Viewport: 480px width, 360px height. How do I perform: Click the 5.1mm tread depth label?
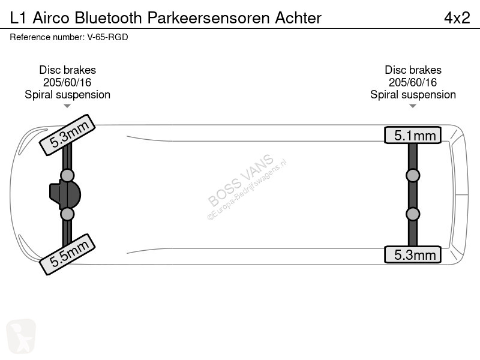[x=413, y=135]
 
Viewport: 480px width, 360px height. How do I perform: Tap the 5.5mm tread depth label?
[x=68, y=254]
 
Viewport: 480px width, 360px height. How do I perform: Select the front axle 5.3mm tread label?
[x=68, y=135]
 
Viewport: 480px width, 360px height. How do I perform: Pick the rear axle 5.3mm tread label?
[x=413, y=254]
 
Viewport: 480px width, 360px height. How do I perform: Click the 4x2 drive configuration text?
[x=457, y=18]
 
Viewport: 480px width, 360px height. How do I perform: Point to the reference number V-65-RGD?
[x=108, y=37]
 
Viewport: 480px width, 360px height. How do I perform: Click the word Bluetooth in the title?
[x=108, y=18]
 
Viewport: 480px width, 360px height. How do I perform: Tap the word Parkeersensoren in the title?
[x=208, y=18]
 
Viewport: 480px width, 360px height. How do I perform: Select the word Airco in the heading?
[x=51, y=18]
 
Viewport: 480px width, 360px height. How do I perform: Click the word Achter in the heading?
[x=298, y=18]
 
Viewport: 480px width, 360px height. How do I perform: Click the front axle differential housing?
[x=65, y=194]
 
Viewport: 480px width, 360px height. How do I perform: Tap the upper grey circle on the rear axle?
[x=413, y=176]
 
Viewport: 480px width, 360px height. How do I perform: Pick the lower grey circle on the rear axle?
[x=413, y=214]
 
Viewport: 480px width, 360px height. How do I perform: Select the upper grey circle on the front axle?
[x=67, y=176]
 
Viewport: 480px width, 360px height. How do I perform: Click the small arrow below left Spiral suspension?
[x=67, y=106]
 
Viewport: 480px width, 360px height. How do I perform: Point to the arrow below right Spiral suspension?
[x=413, y=106]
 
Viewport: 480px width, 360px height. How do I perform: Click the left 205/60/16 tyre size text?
[x=67, y=82]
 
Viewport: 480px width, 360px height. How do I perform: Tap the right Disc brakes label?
[x=413, y=70]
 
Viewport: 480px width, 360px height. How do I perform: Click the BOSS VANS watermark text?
[x=241, y=180]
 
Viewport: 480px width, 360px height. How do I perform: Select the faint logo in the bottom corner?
[x=21, y=336]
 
